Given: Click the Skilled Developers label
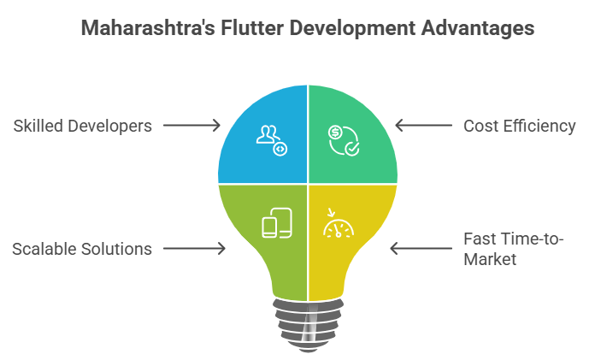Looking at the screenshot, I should [83, 126].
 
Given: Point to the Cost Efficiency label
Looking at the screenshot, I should [520, 126].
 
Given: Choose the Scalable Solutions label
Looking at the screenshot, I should [82, 249].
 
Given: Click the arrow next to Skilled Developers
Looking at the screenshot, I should [191, 126].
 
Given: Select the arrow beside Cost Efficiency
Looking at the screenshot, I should [423, 126].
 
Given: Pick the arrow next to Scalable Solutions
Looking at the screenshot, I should [193, 249].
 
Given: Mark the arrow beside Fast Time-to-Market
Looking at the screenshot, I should [420, 249].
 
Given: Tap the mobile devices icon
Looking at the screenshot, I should [276, 223].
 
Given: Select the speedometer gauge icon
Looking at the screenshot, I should [339, 227].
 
